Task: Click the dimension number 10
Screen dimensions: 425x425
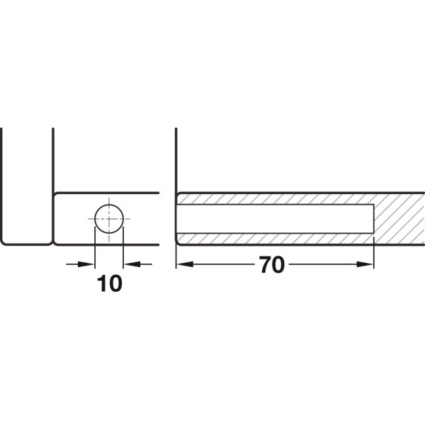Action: (x=110, y=283)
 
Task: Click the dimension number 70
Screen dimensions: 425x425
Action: (x=272, y=264)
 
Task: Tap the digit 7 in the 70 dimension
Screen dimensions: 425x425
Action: (x=265, y=264)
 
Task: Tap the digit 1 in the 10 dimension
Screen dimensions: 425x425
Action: (x=102, y=283)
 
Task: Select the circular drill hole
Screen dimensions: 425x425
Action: (x=109, y=219)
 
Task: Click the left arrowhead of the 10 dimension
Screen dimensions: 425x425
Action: (x=86, y=264)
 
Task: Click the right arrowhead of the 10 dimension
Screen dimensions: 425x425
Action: (x=132, y=264)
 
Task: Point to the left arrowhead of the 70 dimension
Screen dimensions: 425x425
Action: (x=185, y=264)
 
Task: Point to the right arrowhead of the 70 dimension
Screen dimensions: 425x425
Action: (x=365, y=264)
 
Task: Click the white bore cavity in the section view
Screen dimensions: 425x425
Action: (x=275, y=219)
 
